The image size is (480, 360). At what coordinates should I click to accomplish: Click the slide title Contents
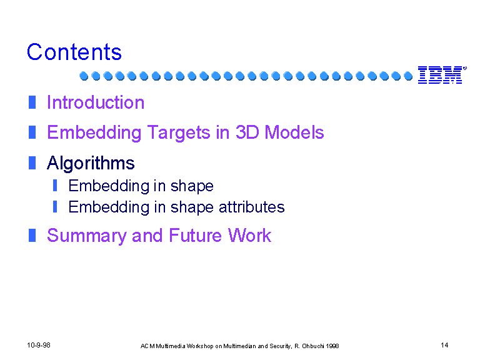point(74,52)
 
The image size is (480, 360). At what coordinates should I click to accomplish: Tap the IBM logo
point(442,75)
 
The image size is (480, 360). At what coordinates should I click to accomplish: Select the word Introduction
point(96,102)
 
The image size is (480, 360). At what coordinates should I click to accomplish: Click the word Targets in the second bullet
point(179,133)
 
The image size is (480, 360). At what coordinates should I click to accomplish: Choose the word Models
point(294,132)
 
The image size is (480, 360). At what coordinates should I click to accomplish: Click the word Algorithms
point(91,163)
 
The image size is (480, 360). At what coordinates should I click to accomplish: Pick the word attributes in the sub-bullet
point(252,207)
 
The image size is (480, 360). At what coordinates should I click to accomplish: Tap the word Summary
point(87,236)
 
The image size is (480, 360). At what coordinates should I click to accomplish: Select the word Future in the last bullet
point(195,236)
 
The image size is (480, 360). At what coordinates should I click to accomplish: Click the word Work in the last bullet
point(249,236)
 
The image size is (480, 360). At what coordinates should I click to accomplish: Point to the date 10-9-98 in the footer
point(39,345)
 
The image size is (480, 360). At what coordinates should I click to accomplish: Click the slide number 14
point(444,345)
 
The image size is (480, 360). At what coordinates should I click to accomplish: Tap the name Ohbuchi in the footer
point(313,346)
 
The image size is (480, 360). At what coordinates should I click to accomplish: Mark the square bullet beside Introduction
point(32,102)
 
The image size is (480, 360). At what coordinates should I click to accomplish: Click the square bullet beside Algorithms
point(32,162)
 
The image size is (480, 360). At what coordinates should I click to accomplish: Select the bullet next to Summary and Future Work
point(32,235)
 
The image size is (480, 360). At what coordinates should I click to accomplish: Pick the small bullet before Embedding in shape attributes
point(55,207)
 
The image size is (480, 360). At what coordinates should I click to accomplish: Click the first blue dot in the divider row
point(84,76)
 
